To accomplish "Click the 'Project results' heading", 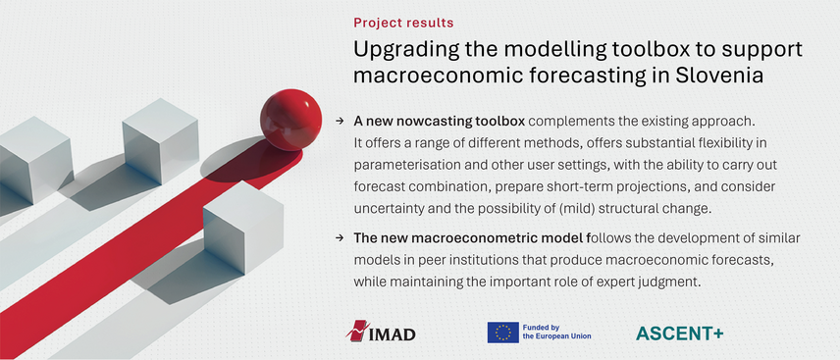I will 403,22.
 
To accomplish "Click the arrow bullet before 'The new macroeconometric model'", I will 340,237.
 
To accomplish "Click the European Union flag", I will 502,333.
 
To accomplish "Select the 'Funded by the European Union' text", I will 556,333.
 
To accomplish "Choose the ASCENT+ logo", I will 679,333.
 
